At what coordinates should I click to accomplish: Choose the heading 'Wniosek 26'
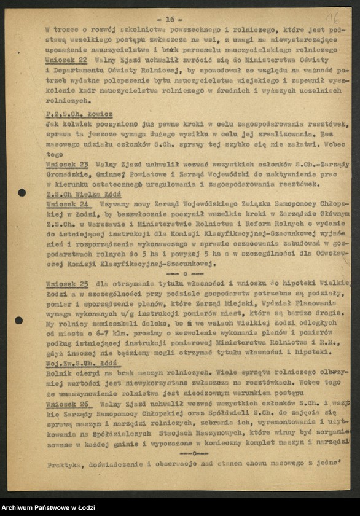click(x=67, y=404)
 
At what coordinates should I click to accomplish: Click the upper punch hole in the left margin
click(x=22, y=192)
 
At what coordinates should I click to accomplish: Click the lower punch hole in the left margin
click(x=19, y=320)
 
